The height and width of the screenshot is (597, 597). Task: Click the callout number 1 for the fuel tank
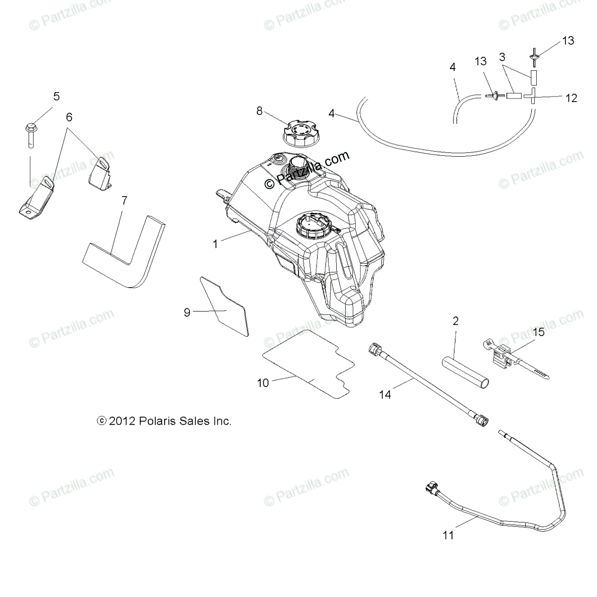click(215, 244)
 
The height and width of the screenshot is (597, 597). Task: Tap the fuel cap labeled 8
click(298, 133)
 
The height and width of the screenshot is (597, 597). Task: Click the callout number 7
click(124, 200)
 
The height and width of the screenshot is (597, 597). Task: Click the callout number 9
click(187, 312)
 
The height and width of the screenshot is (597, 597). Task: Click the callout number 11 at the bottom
click(448, 535)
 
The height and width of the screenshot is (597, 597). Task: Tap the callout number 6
click(69, 117)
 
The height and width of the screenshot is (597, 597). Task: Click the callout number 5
click(56, 96)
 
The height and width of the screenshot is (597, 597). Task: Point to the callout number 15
click(524, 331)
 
